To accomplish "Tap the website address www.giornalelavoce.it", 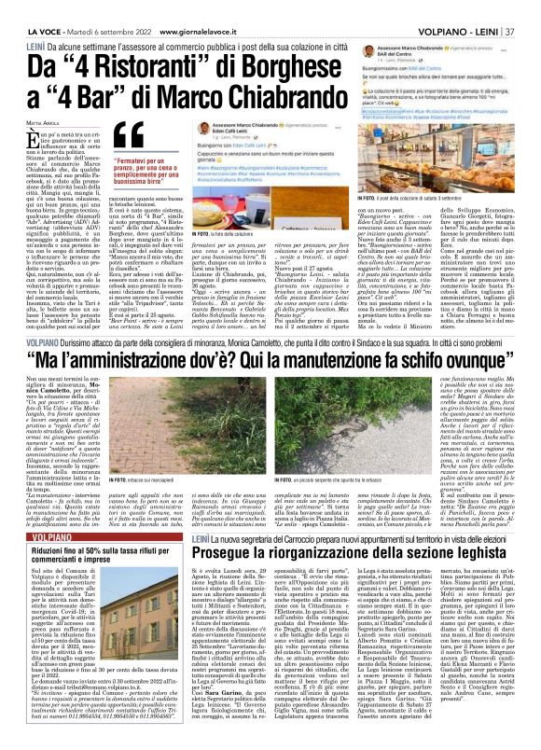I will [x=165, y=8].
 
